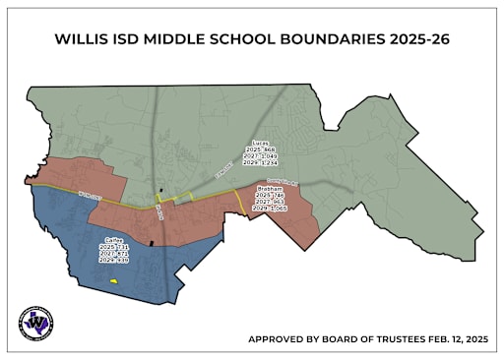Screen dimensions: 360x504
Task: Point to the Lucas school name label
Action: click(x=261, y=143)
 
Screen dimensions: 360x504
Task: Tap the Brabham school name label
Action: click(x=270, y=188)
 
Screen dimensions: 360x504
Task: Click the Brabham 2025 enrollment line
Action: click(x=270, y=195)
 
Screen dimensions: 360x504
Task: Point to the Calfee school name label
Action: click(x=114, y=240)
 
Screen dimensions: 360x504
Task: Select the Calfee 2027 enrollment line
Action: click(x=114, y=254)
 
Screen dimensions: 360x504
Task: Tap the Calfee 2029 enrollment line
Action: click(x=114, y=261)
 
